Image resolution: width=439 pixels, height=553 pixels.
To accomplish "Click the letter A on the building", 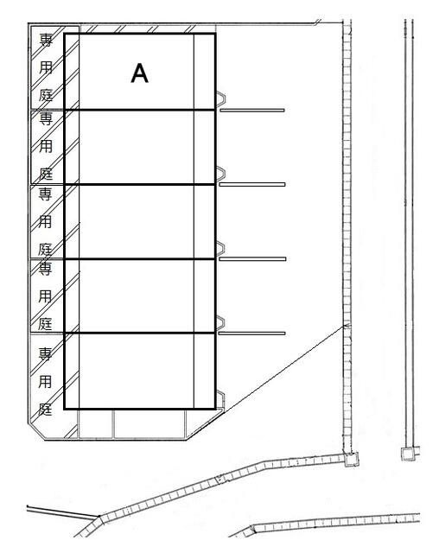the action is [140, 73].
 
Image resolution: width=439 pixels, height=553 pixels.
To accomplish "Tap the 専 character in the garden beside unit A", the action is [46, 40].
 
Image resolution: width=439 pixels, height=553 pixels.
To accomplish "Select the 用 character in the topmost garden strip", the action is [46, 67].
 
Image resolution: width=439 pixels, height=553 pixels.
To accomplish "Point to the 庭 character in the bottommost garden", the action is [45, 409].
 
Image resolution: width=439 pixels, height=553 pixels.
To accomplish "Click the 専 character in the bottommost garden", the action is [45, 353].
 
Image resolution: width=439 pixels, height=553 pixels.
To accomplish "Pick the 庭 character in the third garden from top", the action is [45, 250].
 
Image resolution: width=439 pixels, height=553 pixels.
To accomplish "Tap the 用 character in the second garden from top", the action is [46, 146].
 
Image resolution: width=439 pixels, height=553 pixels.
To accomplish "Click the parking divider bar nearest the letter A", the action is [252, 111].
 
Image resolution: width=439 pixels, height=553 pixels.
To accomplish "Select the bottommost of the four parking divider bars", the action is [251, 334].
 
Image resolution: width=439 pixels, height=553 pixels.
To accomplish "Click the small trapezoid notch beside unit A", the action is [220, 99].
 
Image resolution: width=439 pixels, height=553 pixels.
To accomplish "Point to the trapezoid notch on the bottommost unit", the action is [220, 399].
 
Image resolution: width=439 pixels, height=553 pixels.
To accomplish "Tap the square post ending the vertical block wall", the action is [351, 459].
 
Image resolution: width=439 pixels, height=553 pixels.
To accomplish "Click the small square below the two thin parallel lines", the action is [409, 454].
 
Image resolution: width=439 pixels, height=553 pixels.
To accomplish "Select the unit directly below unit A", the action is [140, 148].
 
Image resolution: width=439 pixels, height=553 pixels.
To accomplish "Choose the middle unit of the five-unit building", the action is [140, 221].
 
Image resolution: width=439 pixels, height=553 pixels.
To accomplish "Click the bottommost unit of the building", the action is [140, 371].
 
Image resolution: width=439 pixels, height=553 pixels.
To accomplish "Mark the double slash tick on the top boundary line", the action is [318, 22].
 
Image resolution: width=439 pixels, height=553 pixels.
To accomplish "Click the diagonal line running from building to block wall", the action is [283, 369].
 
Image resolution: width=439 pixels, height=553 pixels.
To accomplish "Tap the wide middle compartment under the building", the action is [150, 423].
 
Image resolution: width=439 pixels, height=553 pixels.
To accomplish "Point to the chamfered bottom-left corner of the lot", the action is [36, 431].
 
